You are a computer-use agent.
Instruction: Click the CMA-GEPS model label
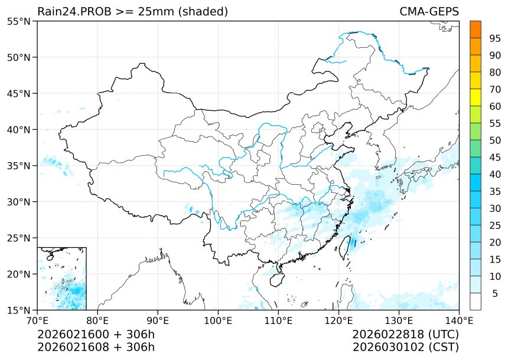pyautogui.click(x=429, y=12)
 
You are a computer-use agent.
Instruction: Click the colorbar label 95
pyautogui.click(x=495, y=38)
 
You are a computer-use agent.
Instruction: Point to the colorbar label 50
pyautogui.click(x=495, y=140)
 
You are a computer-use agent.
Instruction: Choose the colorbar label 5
pyautogui.click(x=495, y=293)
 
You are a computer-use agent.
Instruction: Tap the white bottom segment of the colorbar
pyautogui.click(x=475, y=302)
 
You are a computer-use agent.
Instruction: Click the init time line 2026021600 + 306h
pyautogui.click(x=96, y=334)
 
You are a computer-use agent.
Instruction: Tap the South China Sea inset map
pyautogui.click(x=62, y=279)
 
